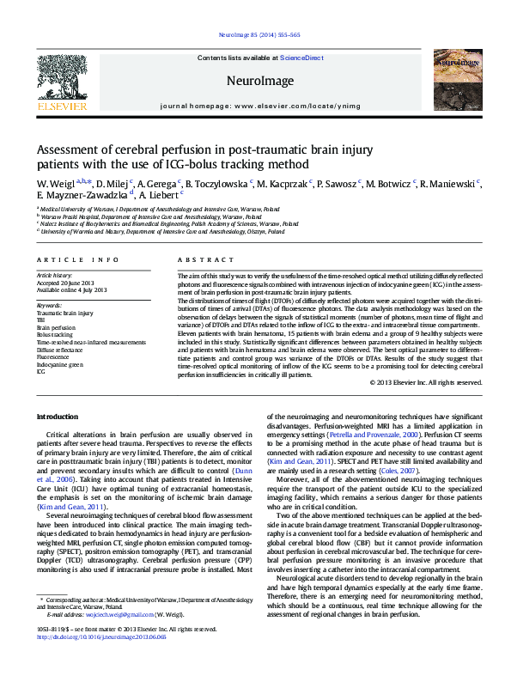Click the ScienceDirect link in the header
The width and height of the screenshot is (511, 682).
(301, 58)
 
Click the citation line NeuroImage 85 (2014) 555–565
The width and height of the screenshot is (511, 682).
(255, 35)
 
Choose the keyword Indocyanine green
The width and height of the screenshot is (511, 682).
(59, 364)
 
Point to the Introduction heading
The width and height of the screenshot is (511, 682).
(58, 417)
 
